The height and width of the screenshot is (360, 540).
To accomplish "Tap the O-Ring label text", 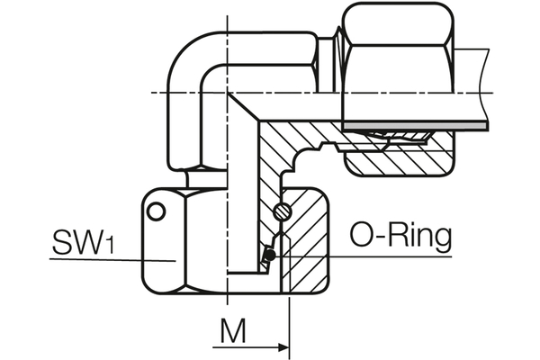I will (x=400, y=238).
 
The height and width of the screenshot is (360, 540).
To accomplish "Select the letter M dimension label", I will (x=233, y=333).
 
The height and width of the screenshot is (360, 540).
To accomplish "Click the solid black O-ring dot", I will (x=268, y=256).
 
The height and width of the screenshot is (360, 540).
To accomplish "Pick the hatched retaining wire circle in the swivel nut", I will (x=281, y=212).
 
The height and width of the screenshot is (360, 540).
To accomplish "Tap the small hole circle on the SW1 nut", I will (x=157, y=212).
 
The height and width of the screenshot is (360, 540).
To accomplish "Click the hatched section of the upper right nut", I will (x=396, y=160).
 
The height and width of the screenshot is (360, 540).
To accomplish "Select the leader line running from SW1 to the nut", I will (x=108, y=259).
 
